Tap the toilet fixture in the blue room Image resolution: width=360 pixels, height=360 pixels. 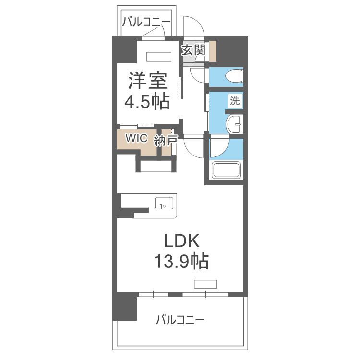[235, 76]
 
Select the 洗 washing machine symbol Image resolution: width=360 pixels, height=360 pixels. [235, 101]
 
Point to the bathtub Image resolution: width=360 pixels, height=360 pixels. [227, 170]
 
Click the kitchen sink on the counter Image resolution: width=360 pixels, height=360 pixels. [164, 204]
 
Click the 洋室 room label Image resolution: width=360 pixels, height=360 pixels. [147, 81]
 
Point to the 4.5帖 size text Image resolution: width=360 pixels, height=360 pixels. [147, 101]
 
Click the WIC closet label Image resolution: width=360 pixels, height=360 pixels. [136, 139]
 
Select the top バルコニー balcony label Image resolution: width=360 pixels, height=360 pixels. [146, 22]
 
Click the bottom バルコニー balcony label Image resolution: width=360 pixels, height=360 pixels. [180, 320]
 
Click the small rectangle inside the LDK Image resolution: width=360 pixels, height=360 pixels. [205, 283]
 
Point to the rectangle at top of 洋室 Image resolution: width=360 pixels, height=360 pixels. [158, 56]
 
